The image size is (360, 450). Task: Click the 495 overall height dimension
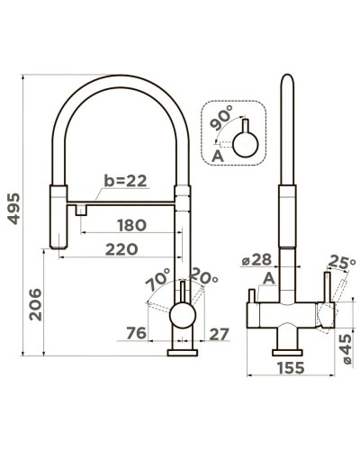[13, 209]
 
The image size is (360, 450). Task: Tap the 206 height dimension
[35, 304]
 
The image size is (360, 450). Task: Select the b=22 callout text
[125, 181]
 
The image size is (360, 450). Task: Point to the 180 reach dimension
[131, 225]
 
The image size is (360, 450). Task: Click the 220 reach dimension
[121, 249]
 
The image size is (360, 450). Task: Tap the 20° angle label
[203, 275]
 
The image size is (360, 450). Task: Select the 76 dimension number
[136, 333]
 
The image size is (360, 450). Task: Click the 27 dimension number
[219, 334]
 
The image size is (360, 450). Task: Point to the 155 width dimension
[291, 368]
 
